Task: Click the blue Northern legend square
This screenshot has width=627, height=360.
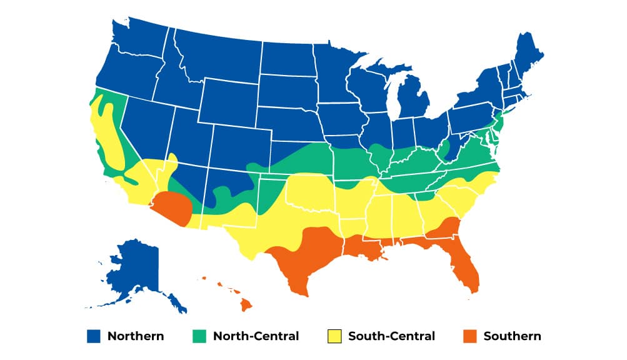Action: pyautogui.click(x=93, y=336)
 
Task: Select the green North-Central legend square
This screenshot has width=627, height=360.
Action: pyautogui.click(x=199, y=336)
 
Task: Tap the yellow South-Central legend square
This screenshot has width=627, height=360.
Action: pyautogui.click(x=334, y=336)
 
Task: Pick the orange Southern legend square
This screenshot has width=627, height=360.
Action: pyautogui.click(x=469, y=336)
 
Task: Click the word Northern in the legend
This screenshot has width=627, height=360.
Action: pyautogui.click(x=136, y=336)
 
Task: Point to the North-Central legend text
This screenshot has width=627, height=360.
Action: pyautogui.click(x=256, y=336)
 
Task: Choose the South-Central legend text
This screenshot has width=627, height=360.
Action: pyautogui.click(x=391, y=336)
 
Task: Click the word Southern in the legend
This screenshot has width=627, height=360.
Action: pyautogui.click(x=512, y=336)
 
